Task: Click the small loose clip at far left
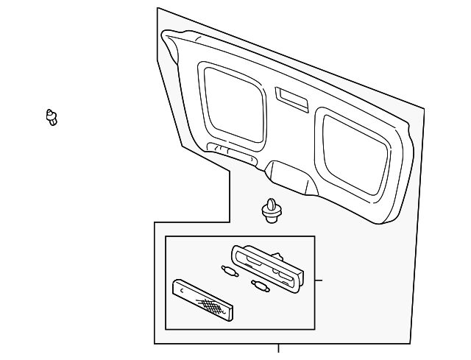pos(51,116)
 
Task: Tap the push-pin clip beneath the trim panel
pos(272,209)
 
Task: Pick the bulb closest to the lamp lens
pos(230,271)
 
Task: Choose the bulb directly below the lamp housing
pos(260,285)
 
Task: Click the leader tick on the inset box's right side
pos(319,280)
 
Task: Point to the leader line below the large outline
pos(278,348)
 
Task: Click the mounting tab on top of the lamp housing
pos(280,255)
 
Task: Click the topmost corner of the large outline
pos(157,8)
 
